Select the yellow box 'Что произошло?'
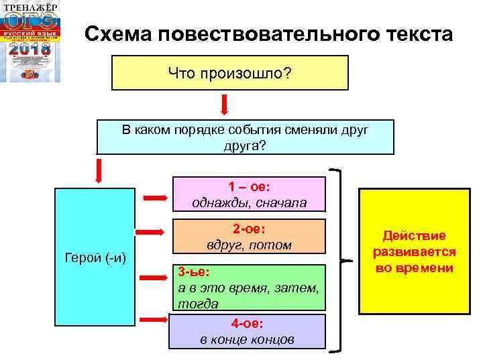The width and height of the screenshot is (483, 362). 230,72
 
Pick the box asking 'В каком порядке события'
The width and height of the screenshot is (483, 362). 245,137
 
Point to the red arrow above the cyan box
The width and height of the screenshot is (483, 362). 99,170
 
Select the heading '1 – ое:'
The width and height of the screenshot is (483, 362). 250,187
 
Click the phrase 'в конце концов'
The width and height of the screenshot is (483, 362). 248,339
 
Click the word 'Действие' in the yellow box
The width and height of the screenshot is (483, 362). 414,236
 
